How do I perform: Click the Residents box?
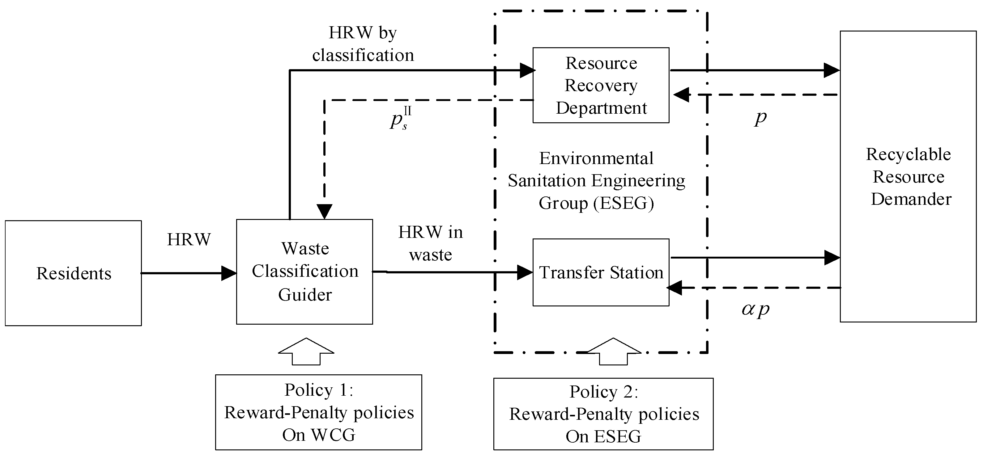[x=73, y=273]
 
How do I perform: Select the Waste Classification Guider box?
[x=304, y=272]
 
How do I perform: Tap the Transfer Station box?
[x=601, y=272]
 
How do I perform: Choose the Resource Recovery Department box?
[x=601, y=85]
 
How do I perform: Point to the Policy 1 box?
[x=318, y=412]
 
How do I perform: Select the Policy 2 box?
[x=603, y=414]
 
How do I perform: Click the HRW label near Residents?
[x=189, y=239]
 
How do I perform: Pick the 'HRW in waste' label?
[x=430, y=243]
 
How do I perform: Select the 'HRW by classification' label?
[x=363, y=44]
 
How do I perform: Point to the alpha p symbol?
[x=755, y=309]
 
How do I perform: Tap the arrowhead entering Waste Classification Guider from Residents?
[x=229, y=273]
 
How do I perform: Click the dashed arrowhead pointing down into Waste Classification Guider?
[x=324, y=211]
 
